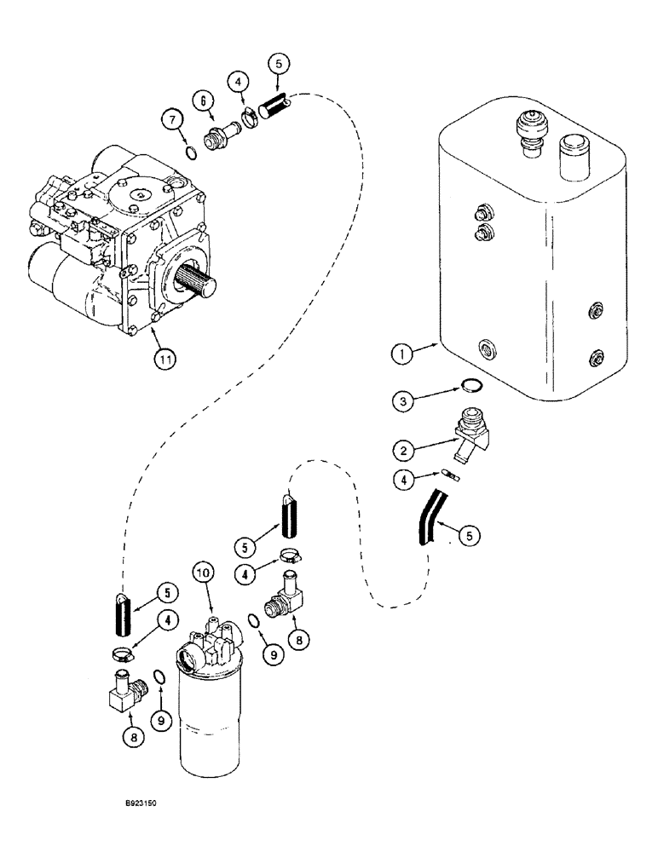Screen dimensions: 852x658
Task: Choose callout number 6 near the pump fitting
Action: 202,100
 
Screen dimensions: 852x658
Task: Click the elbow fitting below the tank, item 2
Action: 468,429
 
